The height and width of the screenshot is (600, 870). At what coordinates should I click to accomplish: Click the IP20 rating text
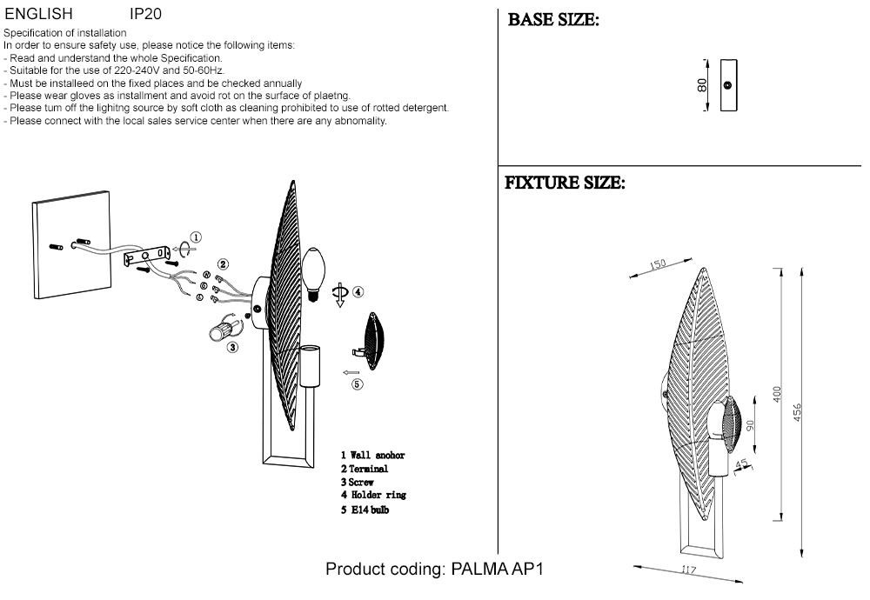pos(145,15)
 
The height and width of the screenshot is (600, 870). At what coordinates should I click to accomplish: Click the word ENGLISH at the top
pos(39,15)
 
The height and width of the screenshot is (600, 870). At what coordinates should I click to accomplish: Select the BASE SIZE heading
pos(553,20)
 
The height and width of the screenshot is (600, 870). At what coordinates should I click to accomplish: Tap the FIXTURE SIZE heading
pos(565,183)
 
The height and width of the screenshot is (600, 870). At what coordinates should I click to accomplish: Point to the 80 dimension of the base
pos(702,84)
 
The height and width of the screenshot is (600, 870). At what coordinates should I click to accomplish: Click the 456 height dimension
pos(798,411)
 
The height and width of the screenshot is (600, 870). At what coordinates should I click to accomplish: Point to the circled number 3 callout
pos(232,348)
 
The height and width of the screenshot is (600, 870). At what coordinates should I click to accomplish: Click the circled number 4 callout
pos(358,292)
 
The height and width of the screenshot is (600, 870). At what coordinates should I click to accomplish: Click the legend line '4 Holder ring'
pos(373,495)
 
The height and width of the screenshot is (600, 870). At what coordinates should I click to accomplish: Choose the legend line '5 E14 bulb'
pos(365,510)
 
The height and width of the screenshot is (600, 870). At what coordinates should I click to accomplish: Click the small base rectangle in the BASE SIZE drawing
pos(727,84)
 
